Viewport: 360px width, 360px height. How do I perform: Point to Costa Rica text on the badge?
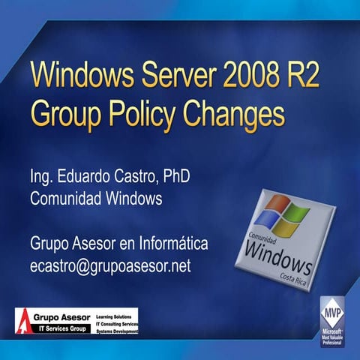[x=296, y=278]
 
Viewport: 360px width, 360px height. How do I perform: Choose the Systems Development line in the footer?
[x=118, y=330]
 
